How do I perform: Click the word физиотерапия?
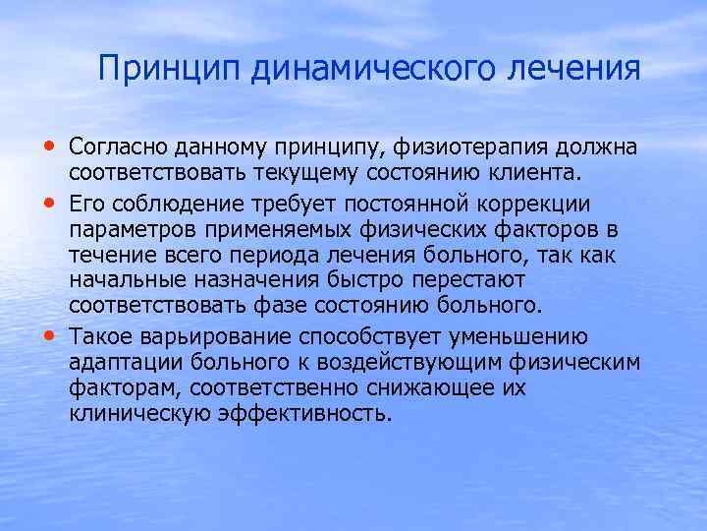click(x=476, y=147)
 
